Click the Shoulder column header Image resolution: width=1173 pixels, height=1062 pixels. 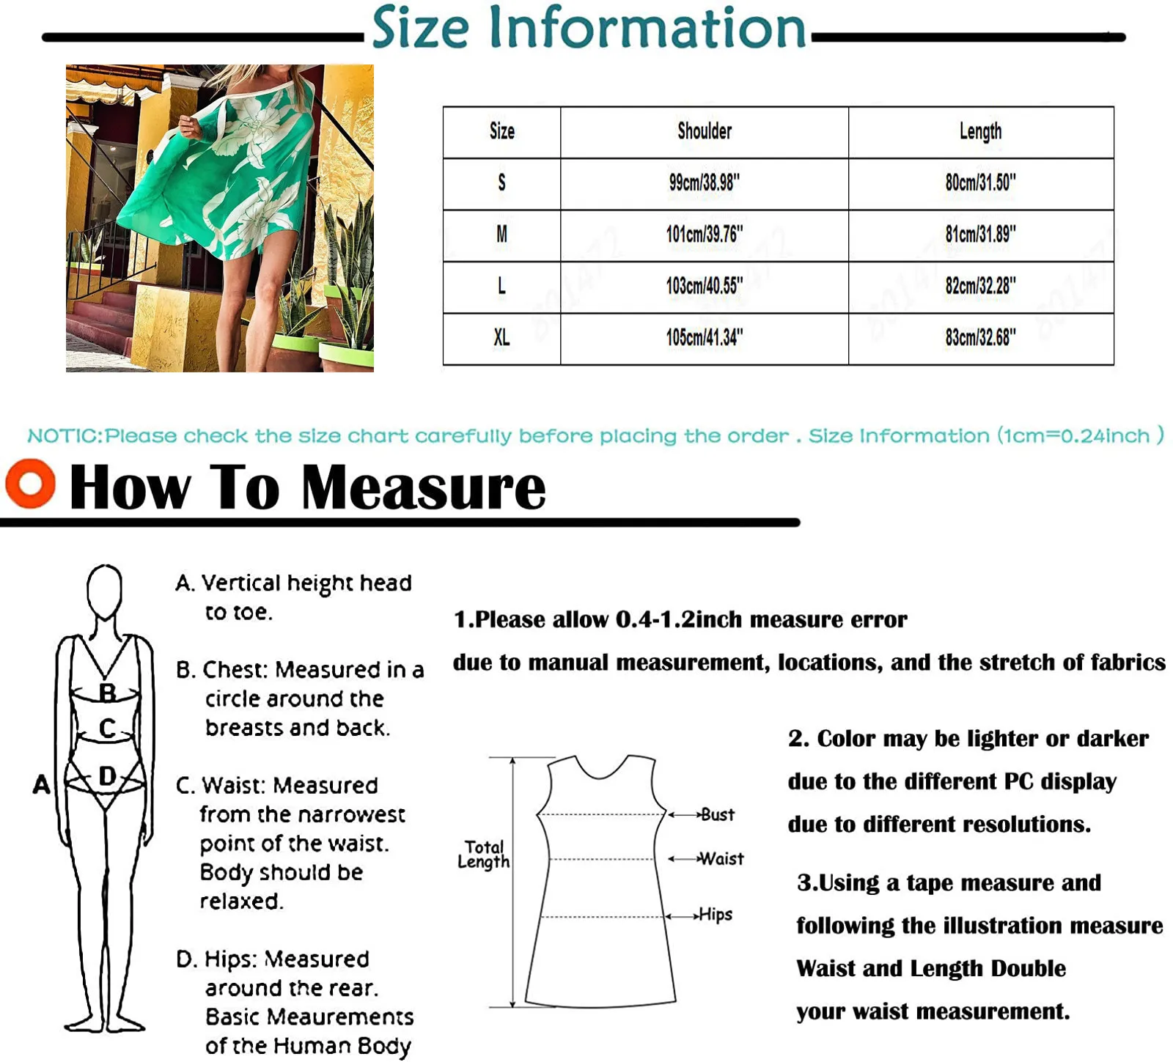[705, 131]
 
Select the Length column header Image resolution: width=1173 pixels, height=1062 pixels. [980, 131]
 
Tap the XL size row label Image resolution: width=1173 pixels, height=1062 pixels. [501, 338]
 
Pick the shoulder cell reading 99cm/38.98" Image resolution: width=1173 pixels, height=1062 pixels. [705, 182]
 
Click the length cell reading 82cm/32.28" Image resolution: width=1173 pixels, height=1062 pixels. [980, 286]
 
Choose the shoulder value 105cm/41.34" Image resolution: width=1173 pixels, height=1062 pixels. [705, 338]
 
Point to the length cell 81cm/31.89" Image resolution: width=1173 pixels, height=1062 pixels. [980, 235]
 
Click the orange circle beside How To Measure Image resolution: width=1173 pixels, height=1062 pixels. [30, 484]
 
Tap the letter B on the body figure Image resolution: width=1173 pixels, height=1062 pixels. [107, 692]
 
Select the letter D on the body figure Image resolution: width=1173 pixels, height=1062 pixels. [107, 775]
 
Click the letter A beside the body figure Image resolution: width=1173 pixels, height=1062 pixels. [42, 784]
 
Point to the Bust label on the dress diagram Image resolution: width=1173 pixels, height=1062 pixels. [717, 814]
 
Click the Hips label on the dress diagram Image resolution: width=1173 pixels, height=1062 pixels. [716, 914]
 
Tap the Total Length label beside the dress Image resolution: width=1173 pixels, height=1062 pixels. [483, 855]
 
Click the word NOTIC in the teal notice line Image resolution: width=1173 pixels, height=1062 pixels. [65, 436]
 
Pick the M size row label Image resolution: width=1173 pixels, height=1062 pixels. [501, 235]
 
